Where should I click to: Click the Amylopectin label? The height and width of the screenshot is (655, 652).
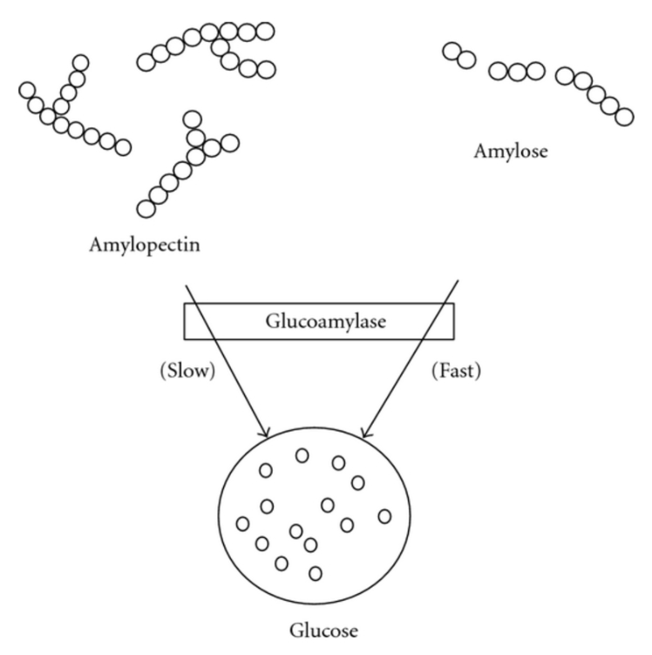(145, 245)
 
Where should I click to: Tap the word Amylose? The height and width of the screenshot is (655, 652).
(511, 151)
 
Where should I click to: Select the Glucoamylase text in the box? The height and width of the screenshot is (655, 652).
(326, 322)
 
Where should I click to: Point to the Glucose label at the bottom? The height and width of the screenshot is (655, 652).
(323, 631)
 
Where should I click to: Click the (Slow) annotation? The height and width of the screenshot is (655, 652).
(187, 371)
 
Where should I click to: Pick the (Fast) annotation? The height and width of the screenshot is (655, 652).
(456, 371)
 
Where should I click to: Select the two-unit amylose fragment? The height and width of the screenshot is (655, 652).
(459, 55)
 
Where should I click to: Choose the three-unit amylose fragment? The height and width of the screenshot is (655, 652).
(517, 72)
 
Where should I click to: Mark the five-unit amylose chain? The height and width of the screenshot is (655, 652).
(594, 96)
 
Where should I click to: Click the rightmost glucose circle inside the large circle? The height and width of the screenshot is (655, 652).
(384, 516)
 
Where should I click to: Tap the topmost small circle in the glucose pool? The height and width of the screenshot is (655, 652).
(302, 455)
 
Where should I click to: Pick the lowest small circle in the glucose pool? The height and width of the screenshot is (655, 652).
(316, 574)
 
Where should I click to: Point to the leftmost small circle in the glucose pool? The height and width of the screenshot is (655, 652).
(242, 523)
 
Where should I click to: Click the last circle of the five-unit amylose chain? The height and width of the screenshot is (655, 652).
(624, 117)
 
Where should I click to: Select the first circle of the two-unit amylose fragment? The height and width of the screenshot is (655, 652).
(452, 51)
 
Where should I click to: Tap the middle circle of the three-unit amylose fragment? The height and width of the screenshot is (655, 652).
(517, 72)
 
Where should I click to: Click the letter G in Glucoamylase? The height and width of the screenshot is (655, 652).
(273, 321)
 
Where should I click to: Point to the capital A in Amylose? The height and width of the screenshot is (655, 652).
(481, 151)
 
